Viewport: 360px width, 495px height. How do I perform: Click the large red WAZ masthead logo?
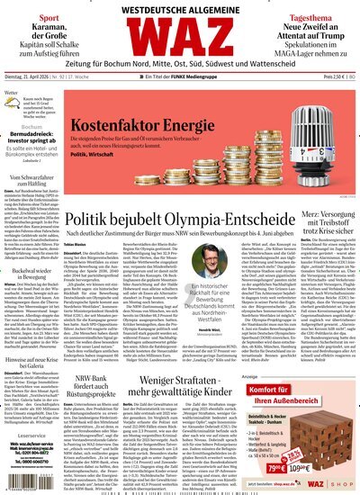(181, 40)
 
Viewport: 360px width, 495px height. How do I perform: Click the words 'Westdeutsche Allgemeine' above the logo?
(180, 8)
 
